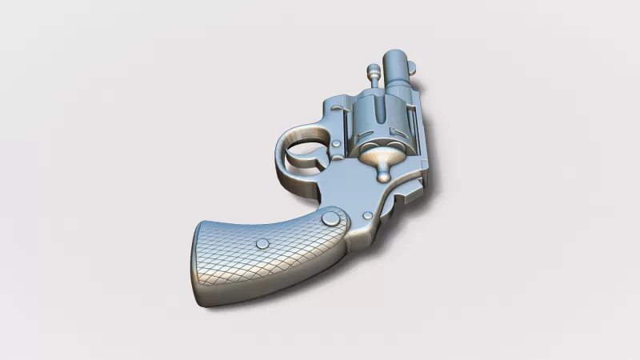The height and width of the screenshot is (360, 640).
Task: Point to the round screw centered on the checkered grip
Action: [x=262, y=243]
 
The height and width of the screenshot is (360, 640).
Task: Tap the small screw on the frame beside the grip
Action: [x=367, y=215]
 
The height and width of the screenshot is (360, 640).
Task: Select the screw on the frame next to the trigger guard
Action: [x=337, y=146]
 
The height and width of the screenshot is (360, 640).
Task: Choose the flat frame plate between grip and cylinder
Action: [x=352, y=180]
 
